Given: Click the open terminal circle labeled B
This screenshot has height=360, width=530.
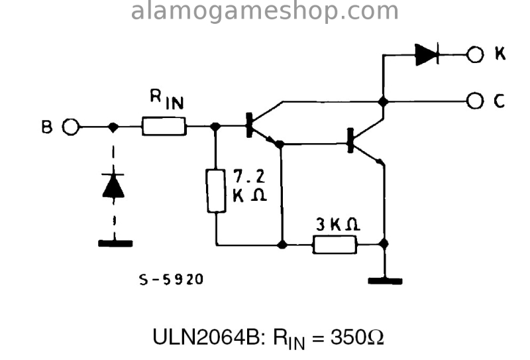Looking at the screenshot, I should point(71,126).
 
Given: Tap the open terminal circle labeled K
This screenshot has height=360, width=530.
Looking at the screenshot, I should point(475,54).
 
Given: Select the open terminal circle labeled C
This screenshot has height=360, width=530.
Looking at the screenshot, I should point(475,101).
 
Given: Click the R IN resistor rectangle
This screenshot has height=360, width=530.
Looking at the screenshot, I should point(164,126).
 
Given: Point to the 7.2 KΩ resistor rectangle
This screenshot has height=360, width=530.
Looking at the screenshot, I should point(216,191).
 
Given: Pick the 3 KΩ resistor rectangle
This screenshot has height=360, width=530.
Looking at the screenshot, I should point(335,245).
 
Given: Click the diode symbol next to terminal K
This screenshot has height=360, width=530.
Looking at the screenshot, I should point(427,54).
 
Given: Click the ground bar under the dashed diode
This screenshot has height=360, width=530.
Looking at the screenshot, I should point(115,243).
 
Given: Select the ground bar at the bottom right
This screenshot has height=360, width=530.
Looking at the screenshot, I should point(385,280).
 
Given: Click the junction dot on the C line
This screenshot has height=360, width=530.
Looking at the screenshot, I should point(383,101).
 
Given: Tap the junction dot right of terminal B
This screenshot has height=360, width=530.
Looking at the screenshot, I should point(113,126).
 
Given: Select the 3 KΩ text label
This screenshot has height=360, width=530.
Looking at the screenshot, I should point(337,225).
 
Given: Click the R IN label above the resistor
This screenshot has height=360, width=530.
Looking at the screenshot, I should point(166,101).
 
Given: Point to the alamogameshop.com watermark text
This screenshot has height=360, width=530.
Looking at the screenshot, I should point(265,11).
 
